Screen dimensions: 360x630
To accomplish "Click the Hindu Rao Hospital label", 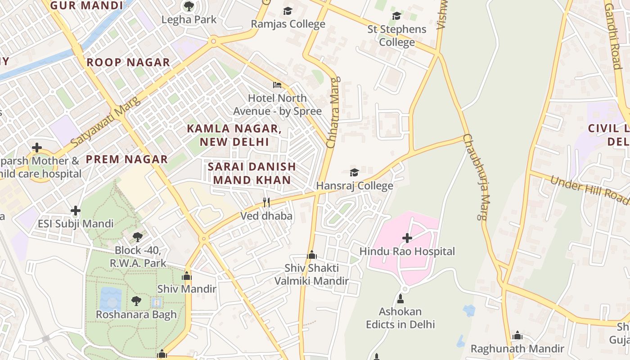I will tap(407, 252).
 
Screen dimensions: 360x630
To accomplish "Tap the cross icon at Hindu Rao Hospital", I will tap(407, 238).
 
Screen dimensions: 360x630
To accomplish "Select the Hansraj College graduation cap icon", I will tap(354, 172).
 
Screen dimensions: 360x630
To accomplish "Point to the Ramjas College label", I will tap(288, 24).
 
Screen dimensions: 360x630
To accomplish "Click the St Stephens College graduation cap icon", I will tap(396, 16).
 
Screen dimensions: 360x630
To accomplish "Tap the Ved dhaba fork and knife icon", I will tap(266, 202).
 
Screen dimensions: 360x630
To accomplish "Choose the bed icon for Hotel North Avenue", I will tap(277, 85).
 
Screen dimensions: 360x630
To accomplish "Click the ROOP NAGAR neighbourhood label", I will tap(128, 63).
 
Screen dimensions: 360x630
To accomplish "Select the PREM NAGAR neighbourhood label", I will tap(127, 159).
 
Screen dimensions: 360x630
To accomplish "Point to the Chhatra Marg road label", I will tap(333, 112).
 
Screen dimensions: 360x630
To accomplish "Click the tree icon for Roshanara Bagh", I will tap(136, 301).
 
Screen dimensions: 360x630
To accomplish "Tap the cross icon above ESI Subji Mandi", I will tap(76, 210).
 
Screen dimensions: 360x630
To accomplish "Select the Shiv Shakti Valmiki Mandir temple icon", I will tap(311, 255).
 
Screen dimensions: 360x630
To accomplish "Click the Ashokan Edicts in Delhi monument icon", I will tap(400, 298).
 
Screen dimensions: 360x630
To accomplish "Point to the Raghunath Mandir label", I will tap(517, 349).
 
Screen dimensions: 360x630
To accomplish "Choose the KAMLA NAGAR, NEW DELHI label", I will tap(234, 135).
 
